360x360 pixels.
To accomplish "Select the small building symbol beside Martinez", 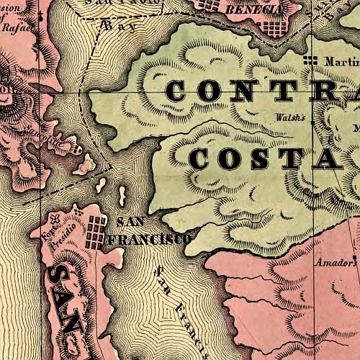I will coord(311,61).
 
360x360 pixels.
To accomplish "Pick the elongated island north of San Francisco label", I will coord(122,194).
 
